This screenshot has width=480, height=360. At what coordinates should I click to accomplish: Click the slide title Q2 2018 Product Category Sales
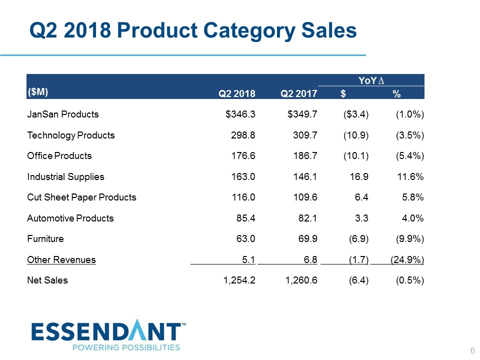pyautogui.click(x=193, y=30)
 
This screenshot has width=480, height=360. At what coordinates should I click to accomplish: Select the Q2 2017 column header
pyautogui.click(x=298, y=93)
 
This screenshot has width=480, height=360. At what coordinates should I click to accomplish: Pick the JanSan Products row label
pyautogui.click(x=63, y=114)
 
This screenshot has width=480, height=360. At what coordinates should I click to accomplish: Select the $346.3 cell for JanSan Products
pyautogui.click(x=240, y=114)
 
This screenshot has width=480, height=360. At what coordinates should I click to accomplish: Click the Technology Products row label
pyautogui.click(x=71, y=135)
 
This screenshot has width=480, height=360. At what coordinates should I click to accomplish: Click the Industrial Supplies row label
pyautogui.click(x=65, y=176)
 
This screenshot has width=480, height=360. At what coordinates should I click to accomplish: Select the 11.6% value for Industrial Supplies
pyautogui.click(x=411, y=176)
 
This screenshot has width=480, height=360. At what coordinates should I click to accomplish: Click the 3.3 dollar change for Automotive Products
pyautogui.click(x=362, y=218)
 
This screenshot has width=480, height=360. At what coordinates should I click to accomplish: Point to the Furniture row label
pyautogui.click(x=45, y=238)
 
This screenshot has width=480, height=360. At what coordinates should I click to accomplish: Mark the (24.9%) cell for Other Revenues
pyautogui.click(x=407, y=259)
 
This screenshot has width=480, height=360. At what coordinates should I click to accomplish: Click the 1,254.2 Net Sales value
pyautogui.click(x=238, y=280)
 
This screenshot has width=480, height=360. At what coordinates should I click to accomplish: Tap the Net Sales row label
pyautogui.click(x=47, y=280)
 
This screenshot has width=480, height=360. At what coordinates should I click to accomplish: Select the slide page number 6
pyautogui.click(x=472, y=350)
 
